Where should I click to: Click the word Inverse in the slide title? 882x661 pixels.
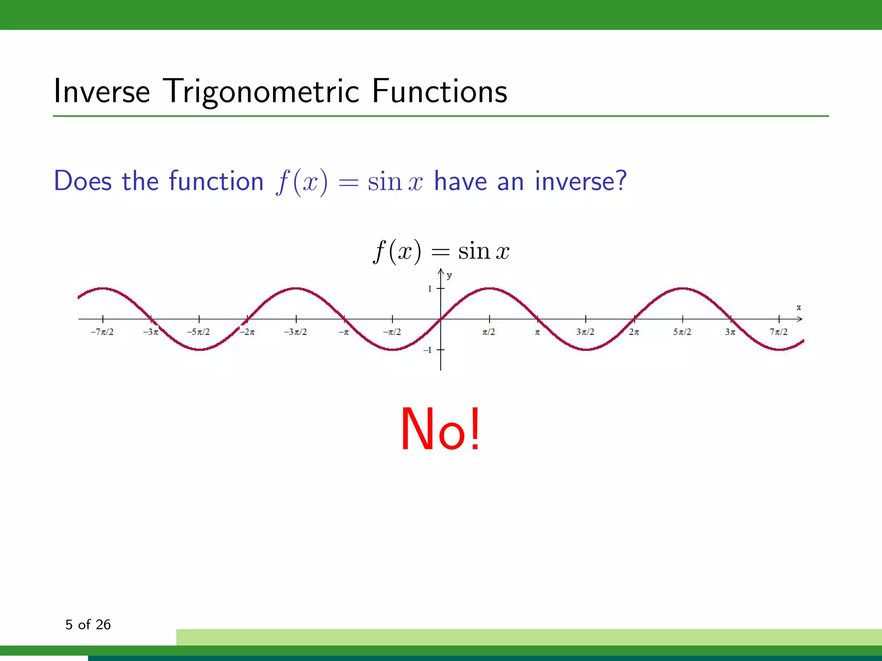pos(102,91)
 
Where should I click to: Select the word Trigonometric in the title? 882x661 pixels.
pos(262,91)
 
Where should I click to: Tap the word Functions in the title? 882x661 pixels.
pos(439,91)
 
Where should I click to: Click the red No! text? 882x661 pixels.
pos(440,429)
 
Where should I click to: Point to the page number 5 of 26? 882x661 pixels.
pos(88,624)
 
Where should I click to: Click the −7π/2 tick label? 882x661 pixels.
pos(102,332)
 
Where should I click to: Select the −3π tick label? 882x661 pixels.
pos(151,332)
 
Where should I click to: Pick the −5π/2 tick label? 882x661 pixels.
pos(199,332)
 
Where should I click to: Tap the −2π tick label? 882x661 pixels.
pos(247,332)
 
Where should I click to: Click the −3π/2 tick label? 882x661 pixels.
pos(295,332)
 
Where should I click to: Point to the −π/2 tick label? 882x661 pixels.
pos(392,332)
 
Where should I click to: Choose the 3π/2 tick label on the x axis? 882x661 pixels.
pos(585,332)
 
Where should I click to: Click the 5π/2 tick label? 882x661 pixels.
pos(682,332)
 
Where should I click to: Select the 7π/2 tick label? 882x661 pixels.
pos(779,332)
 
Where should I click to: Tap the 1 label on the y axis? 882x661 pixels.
pos(430,289)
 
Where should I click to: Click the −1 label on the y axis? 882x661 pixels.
pos(428,350)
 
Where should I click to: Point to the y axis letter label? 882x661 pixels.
pos(449,275)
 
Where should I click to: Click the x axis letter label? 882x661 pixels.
pos(798,307)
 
